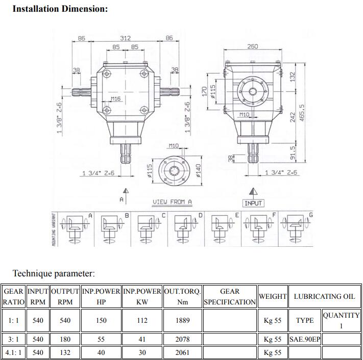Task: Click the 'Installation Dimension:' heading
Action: [x=60, y=9]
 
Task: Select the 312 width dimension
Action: [x=125, y=38]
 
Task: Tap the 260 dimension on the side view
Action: [x=252, y=46]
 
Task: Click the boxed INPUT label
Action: [x=253, y=203]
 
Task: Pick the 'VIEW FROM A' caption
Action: [x=172, y=202]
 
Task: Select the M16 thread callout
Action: [x=115, y=98]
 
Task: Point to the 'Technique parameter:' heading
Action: [x=54, y=274]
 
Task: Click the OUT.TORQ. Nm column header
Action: [x=182, y=296]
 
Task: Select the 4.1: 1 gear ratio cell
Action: [x=13, y=352]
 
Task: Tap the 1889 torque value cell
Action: [x=182, y=320]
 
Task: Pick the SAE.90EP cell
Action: [x=305, y=339]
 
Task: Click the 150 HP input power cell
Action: [x=101, y=320]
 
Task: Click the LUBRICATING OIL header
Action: [x=324, y=296]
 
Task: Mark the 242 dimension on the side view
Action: [x=293, y=116]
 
